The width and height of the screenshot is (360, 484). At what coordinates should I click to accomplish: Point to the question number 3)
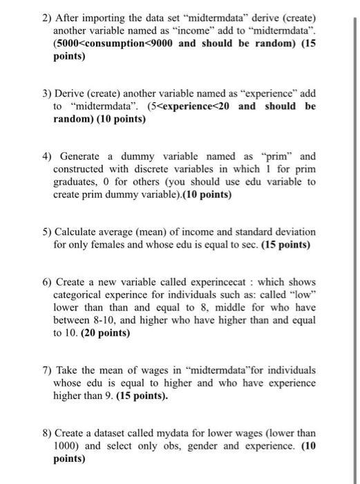click(47, 93)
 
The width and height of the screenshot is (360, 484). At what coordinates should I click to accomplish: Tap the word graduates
click(75, 183)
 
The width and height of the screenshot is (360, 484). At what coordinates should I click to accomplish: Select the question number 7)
click(47, 371)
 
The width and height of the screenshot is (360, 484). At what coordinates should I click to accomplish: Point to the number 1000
click(66, 446)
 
